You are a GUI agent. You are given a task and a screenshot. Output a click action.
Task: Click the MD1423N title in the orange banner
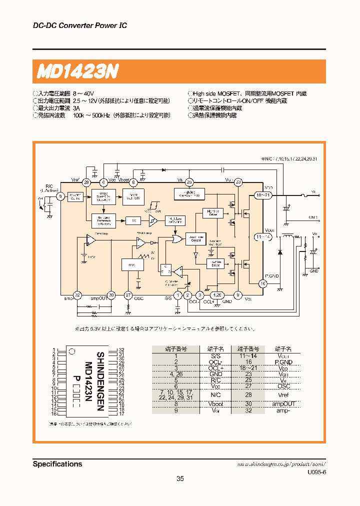[77, 72]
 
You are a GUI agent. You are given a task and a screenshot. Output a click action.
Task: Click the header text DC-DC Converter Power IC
[79, 25]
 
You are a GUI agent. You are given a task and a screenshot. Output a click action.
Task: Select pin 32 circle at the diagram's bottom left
[77, 295]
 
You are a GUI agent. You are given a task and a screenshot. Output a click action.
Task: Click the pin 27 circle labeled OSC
[128, 295]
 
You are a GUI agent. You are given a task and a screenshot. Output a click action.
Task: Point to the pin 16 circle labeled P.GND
[262, 283]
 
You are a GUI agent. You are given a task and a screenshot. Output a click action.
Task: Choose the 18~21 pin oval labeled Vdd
[263, 195]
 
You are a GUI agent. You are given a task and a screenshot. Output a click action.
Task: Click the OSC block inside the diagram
[132, 264]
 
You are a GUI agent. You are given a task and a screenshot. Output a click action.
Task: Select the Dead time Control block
[195, 238]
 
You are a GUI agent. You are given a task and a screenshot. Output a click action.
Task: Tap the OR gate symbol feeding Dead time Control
[176, 239]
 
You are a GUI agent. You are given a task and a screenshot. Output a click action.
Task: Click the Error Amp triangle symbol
[90, 240]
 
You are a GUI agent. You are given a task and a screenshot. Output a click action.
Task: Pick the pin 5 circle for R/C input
[61, 196]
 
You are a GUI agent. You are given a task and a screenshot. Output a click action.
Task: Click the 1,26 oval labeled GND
[216, 295]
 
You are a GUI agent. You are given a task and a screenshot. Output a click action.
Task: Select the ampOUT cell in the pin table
[282, 403]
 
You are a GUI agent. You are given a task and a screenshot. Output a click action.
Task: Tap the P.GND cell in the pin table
[282, 361]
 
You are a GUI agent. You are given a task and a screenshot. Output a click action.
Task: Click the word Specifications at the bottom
[57, 464]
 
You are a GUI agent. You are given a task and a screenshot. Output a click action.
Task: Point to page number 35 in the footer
[180, 478]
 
